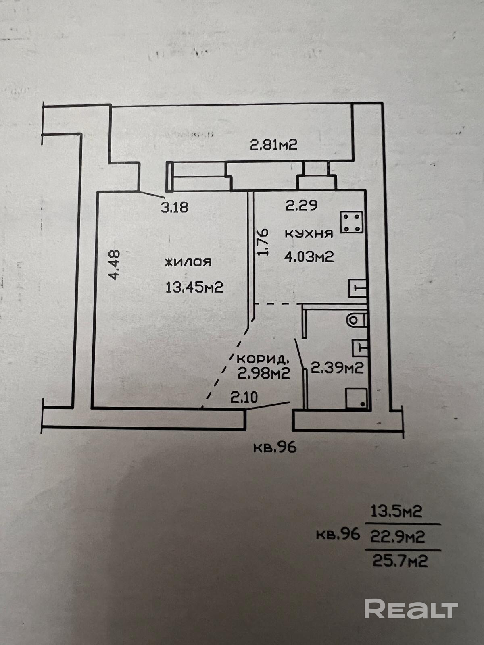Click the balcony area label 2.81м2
(273, 144)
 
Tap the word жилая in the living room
(188, 262)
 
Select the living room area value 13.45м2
(194, 287)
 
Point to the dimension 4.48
(114, 265)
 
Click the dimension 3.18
(174, 207)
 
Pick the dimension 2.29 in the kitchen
(301, 206)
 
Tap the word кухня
(309, 233)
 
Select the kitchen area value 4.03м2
(309, 256)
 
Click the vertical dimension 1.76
(263, 242)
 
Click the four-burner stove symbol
(352, 222)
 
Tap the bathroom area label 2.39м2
(337, 367)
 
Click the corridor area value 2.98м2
(264, 374)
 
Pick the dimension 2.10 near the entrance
(244, 398)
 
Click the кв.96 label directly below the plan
(275, 447)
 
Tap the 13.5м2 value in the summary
(396, 511)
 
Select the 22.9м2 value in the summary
(397, 537)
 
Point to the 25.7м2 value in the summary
(400, 561)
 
